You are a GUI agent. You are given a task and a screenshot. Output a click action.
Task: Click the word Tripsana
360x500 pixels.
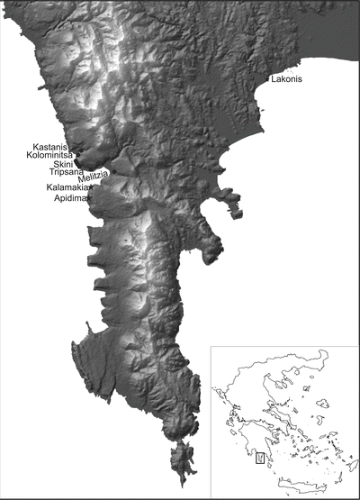click(66, 173)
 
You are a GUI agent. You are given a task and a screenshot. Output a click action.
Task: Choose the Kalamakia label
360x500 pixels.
click(67, 187)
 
